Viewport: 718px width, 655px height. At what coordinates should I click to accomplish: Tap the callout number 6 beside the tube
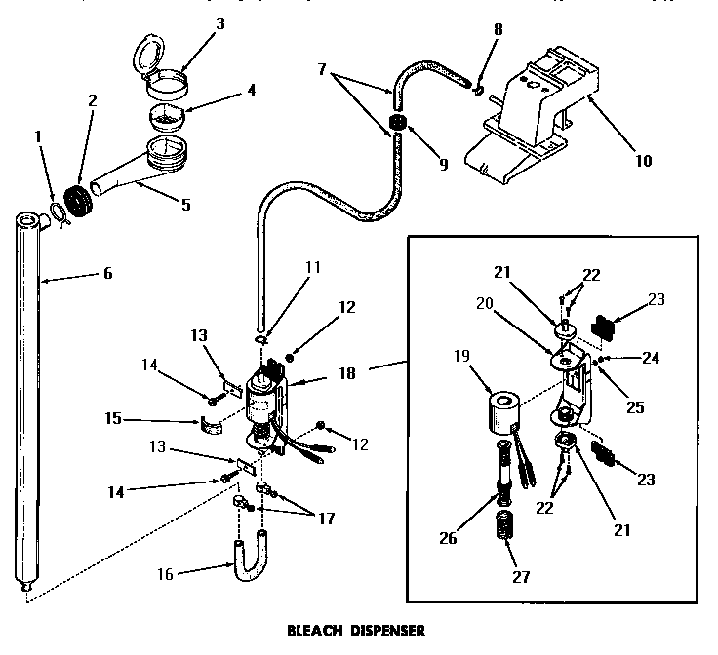click(107, 273)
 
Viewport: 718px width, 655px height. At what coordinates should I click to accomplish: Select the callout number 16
click(165, 574)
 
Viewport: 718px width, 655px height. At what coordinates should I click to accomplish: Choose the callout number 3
click(219, 23)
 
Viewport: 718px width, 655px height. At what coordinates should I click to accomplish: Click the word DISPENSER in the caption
click(387, 631)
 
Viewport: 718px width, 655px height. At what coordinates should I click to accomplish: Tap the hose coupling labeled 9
click(397, 123)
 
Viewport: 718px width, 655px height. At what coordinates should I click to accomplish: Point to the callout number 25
click(635, 408)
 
